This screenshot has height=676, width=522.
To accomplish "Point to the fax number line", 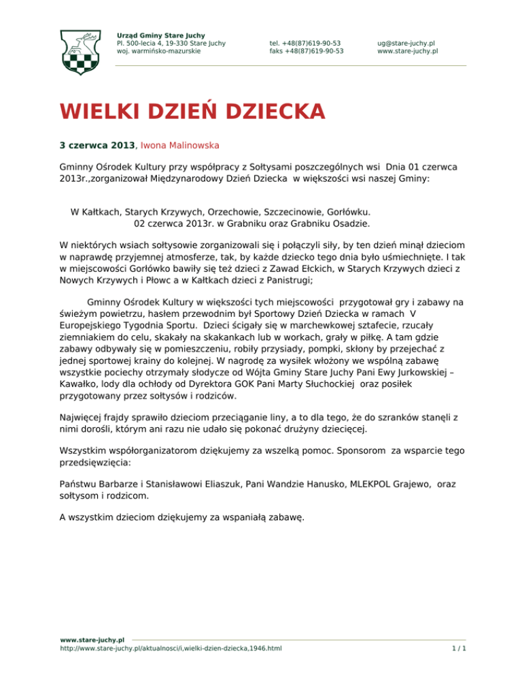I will (306, 50).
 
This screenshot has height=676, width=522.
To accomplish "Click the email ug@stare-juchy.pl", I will (406, 42).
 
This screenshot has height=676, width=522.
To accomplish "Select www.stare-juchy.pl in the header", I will (407, 50).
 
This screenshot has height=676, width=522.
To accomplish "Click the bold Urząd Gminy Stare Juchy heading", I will (160, 35).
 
